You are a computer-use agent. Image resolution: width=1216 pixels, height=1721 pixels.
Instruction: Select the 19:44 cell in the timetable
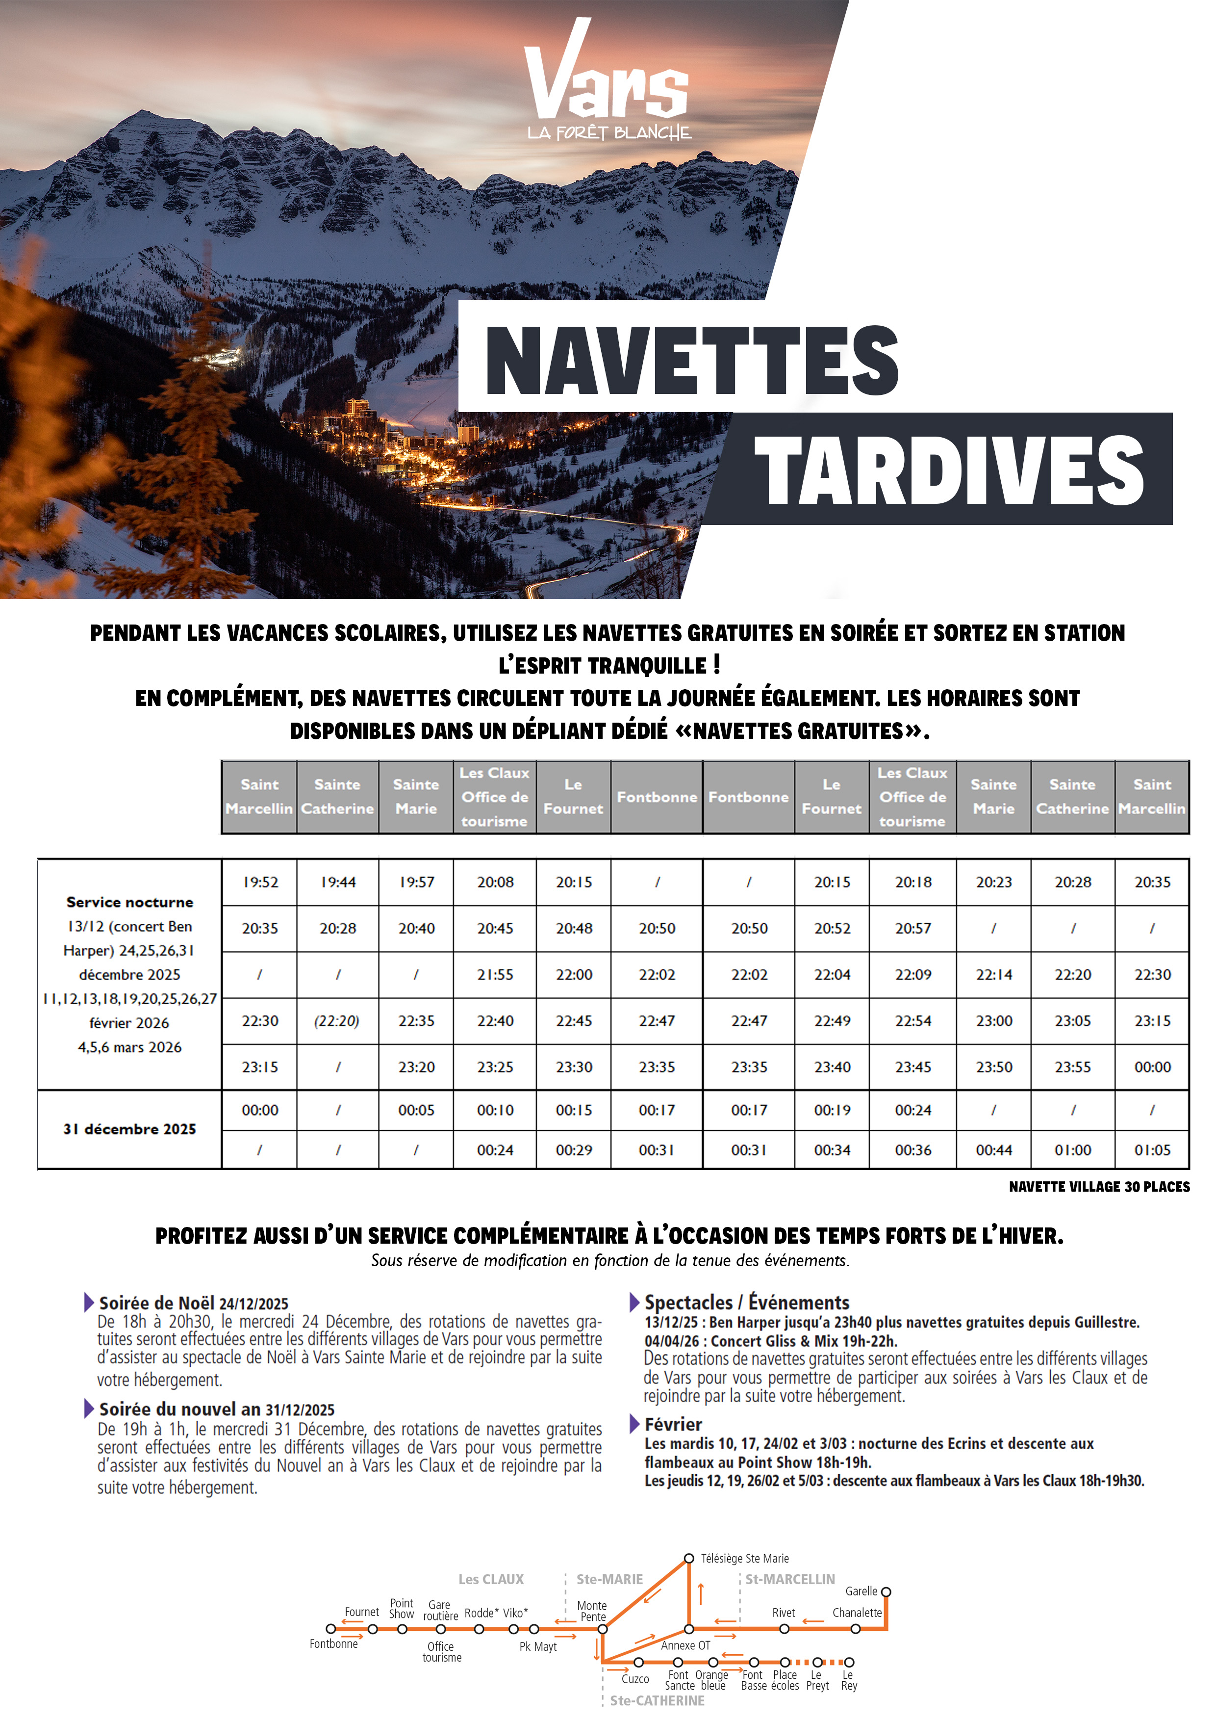coord(338,882)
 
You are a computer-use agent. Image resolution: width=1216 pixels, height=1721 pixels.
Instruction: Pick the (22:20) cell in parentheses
coord(337,1021)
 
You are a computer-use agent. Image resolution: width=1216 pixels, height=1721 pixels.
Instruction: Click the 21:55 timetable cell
coord(495,974)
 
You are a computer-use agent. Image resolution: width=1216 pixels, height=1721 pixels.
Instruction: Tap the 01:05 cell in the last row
coord(1152,1150)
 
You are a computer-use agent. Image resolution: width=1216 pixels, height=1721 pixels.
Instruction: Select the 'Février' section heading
coord(673,1424)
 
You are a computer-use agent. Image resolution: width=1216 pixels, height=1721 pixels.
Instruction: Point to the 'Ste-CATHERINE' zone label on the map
coord(657,1701)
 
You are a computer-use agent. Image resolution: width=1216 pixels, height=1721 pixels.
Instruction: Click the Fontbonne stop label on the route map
coord(333,1644)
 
